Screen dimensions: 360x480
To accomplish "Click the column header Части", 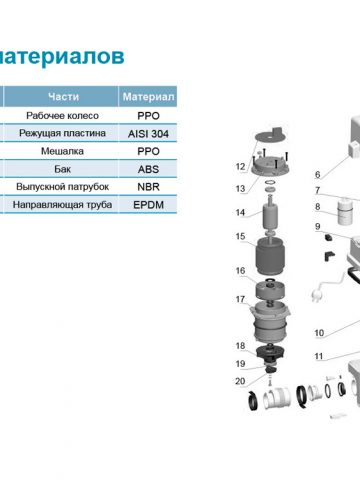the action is tap(63, 97).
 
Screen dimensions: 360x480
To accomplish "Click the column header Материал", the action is tap(148, 97).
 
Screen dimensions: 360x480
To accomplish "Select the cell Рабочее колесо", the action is tap(62, 116).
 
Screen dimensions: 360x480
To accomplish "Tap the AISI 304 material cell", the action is tap(148, 134).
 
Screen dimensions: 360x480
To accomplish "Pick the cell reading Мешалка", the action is tap(62, 151).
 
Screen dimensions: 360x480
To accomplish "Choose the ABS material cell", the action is tap(148, 169).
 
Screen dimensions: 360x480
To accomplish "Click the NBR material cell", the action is tap(148, 187).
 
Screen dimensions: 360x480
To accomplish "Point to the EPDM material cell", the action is tap(148, 205).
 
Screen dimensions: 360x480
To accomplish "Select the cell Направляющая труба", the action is tap(62, 205).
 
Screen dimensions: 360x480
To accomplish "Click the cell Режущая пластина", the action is tap(62, 133).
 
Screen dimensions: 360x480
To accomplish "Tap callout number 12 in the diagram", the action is tap(240, 166).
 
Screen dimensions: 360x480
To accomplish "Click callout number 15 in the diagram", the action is tap(240, 236).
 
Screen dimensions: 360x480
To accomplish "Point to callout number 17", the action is tap(240, 299).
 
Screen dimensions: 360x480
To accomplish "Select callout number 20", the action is tap(240, 381).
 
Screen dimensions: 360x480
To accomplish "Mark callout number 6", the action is tap(318, 174).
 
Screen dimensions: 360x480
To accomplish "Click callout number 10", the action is tap(319, 333).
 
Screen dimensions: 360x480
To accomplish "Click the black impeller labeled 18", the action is tap(270, 352).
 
